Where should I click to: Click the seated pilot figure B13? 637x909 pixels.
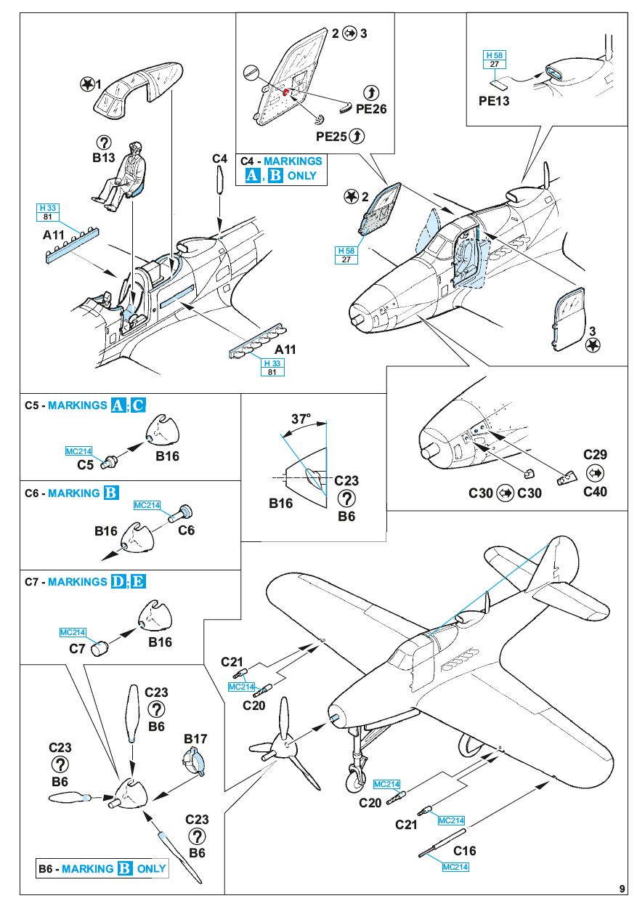[x=123, y=175]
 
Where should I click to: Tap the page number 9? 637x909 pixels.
[x=622, y=888]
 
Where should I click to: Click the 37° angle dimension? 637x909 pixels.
[x=301, y=419]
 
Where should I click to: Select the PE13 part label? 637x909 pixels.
[x=494, y=101]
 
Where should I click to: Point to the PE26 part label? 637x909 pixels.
[x=371, y=109]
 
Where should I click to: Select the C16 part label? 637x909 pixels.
[x=465, y=851]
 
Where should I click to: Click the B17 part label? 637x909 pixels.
[x=195, y=739]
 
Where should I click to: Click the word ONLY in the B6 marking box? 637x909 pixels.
[x=152, y=868]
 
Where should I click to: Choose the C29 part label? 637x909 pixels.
[x=595, y=455]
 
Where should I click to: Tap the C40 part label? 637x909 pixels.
[x=595, y=491]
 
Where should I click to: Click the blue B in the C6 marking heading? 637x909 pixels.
[x=111, y=493]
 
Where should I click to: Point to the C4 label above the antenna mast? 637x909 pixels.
[x=220, y=158]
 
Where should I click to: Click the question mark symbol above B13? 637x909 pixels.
[x=105, y=142]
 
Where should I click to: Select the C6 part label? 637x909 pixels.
[x=186, y=530]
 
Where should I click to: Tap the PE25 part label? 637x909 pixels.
[x=331, y=136]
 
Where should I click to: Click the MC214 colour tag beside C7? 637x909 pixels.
[x=73, y=632]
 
